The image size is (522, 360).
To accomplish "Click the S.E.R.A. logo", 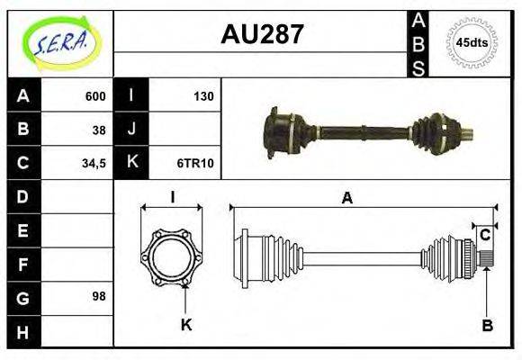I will [x=60, y=42].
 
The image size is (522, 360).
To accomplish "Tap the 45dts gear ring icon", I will [x=472, y=42].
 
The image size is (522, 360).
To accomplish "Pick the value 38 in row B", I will [x=99, y=129].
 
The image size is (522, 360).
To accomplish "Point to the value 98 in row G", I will [x=99, y=296].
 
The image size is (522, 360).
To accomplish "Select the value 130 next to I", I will [x=203, y=96].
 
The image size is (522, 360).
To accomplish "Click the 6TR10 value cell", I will [x=195, y=163].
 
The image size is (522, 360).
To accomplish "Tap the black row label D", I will [x=23, y=196].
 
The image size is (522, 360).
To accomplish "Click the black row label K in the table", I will [x=131, y=163].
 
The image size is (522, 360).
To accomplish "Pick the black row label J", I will [x=131, y=129].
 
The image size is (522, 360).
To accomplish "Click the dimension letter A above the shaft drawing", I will [x=346, y=199].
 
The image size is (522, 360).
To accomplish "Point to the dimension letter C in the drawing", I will [x=484, y=235].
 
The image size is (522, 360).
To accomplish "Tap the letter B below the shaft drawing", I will [x=487, y=326].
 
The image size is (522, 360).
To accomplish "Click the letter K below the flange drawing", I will [x=186, y=325].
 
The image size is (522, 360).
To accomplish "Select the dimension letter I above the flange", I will [x=172, y=198].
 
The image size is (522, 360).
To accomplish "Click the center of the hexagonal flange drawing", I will [x=172, y=257].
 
